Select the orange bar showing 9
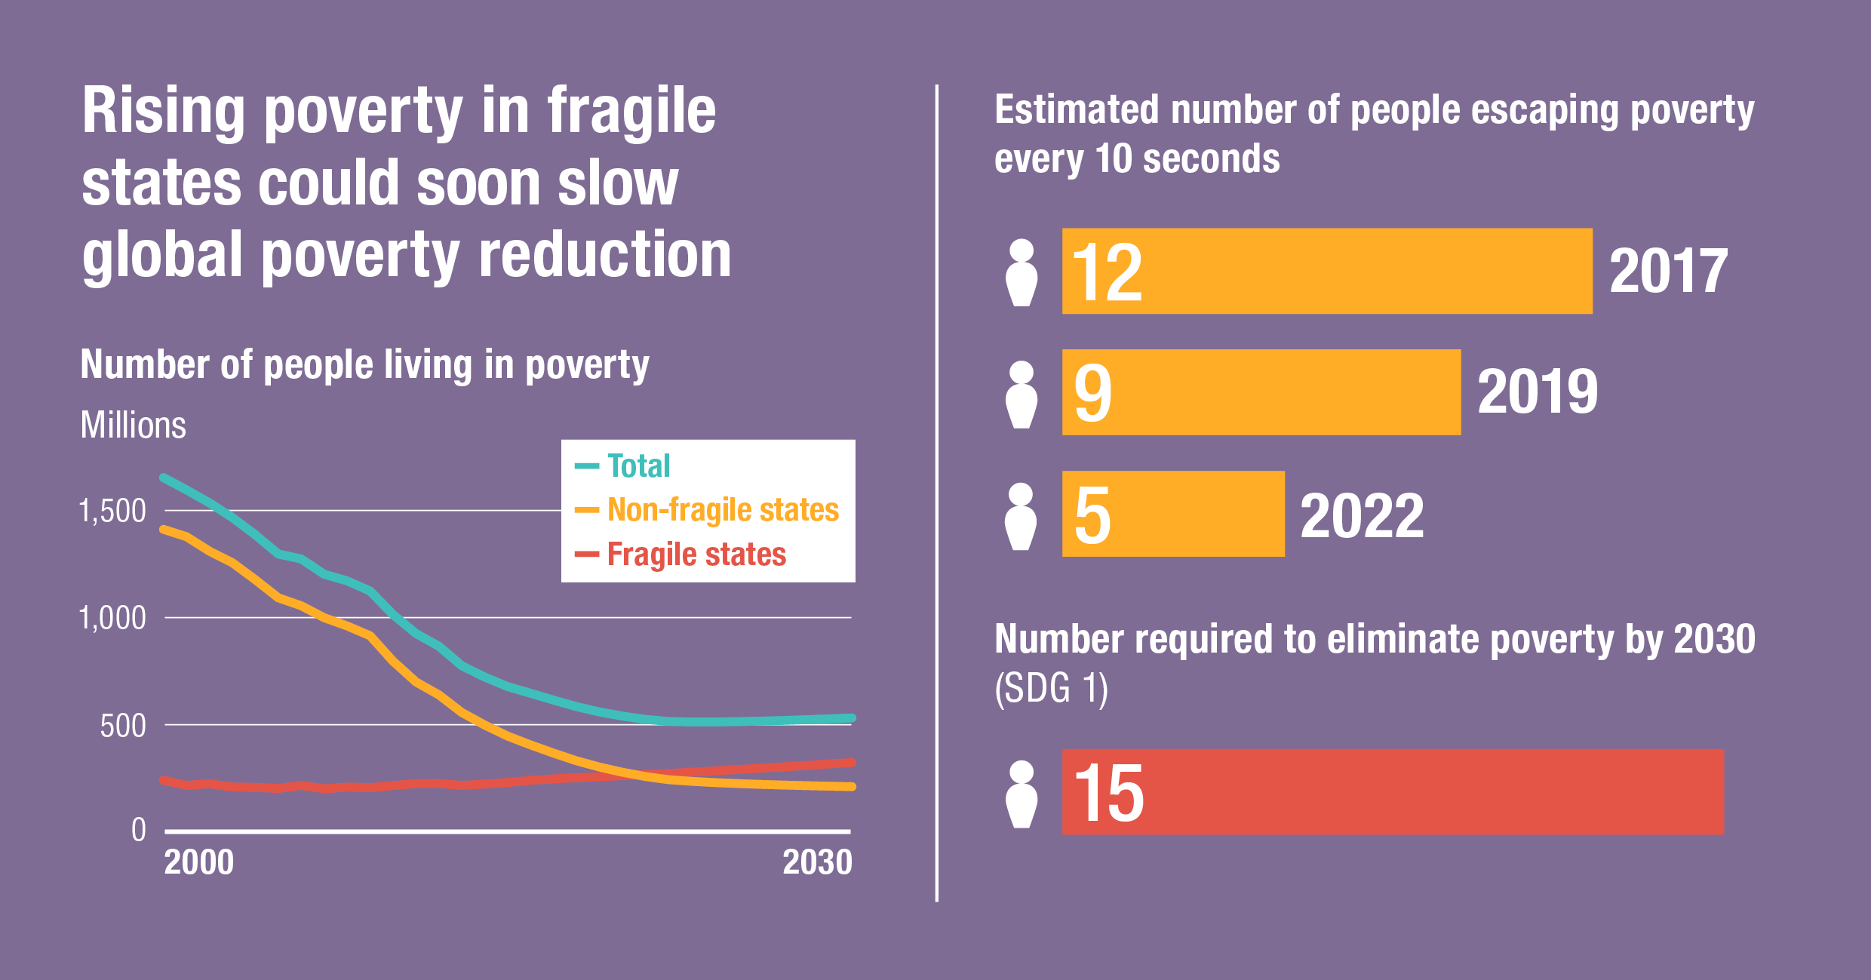pyautogui.click(x=1261, y=392)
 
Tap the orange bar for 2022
pyautogui.click(x=1172, y=514)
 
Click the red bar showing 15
pyautogui.click(x=1392, y=792)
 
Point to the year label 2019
pyautogui.click(x=1537, y=392)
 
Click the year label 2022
pyautogui.click(x=1362, y=516)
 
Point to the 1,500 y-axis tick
pyautogui.click(x=112, y=512)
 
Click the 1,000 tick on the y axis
pyautogui.click(x=112, y=619)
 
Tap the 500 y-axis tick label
pyautogui.click(x=122, y=727)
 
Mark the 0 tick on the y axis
pyautogui.click(x=139, y=831)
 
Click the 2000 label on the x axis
pyautogui.click(x=198, y=863)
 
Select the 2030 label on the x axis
pyautogui.click(x=817, y=863)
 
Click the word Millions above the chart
pyautogui.click(x=133, y=425)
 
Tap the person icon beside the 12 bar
pyautogui.click(x=1022, y=272)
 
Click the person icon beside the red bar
pyautogui.click(x=1022, y=794)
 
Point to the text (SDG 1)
pyautogui.click(x=1051, y=689)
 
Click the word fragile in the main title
pyautogui.click(x=631, y=112)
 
